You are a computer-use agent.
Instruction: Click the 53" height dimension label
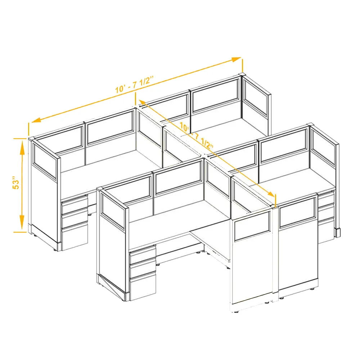pos(16,183)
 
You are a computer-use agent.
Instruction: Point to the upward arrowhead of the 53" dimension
pos(22,148)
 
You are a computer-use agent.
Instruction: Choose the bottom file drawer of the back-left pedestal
pos(75,237)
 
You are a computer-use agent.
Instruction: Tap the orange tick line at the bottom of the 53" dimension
pos(20,232)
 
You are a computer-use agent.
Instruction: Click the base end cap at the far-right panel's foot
pos(337,232)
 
